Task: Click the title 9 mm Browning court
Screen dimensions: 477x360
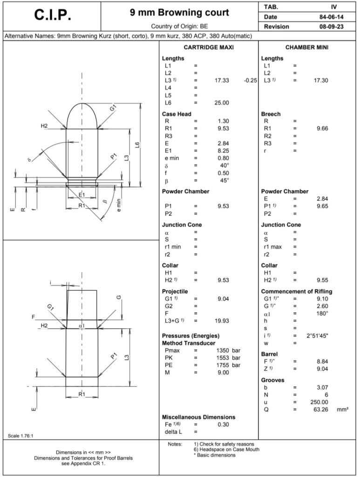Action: [179, 13]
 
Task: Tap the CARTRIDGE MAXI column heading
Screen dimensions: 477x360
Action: [209, 48]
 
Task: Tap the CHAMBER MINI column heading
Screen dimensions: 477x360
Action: [306, 48]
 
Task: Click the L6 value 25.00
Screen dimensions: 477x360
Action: [222, 102]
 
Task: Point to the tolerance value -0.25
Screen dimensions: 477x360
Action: [250, 81]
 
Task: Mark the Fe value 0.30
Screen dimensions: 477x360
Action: [224, 424]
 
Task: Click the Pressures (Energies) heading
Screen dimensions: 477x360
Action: [190, 335]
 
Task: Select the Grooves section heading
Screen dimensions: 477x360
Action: [272, 380]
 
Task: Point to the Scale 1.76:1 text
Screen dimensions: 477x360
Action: [21, 436]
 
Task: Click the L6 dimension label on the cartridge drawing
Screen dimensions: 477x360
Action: [137, 145]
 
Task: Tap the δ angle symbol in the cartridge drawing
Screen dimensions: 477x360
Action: [29, 160]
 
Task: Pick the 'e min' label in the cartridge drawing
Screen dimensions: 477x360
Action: [119, 205]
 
